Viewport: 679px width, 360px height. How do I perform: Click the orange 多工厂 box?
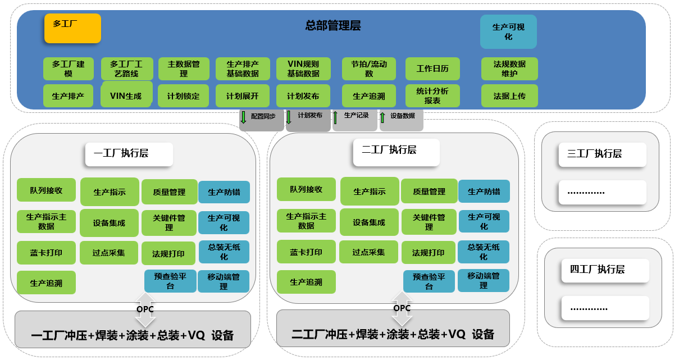pyautogui.click(x=72, y=28)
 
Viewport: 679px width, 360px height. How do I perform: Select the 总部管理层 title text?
pyautogui.click(x=332, y=25)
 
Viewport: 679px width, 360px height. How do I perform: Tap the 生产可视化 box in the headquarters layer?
pyautogui.click(x=508, y=31)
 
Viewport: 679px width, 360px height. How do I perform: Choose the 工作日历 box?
pyautogui.click(x=432, y=69)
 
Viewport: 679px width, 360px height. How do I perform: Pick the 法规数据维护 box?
pyautogui.click(x=509, y=69)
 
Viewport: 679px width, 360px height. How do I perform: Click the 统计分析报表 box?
pyautogui.click(x=432, y=95)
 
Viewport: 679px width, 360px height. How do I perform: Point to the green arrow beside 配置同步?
pyautogui.click(x=244, y=117)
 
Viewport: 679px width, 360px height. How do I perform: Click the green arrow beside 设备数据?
pyautogui.click(x=382, y=117)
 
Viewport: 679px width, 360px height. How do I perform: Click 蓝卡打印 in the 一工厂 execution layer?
pyautogui.click(x=46, y=252)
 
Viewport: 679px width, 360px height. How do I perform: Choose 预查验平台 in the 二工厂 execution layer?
pyautogui.click(x=429, y=281)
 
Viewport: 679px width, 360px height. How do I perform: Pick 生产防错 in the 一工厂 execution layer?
pyautogui.click(x=224, y=192)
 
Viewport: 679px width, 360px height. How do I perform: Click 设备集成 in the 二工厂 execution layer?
pyautogui.click(x=369, y=222)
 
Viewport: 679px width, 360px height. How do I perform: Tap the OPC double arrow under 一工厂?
pyautogui.click(x=145, y=309)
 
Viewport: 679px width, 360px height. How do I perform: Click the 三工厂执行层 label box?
pyautogui.click(x=602, y=154)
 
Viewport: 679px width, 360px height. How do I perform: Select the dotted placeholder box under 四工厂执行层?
pyautogui.click(x=596, y=308)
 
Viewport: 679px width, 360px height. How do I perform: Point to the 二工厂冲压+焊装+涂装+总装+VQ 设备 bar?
pyautogui.click(x=393, y=334)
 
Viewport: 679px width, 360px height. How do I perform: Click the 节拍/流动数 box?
pyautogui.click(x=369, y=69)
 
